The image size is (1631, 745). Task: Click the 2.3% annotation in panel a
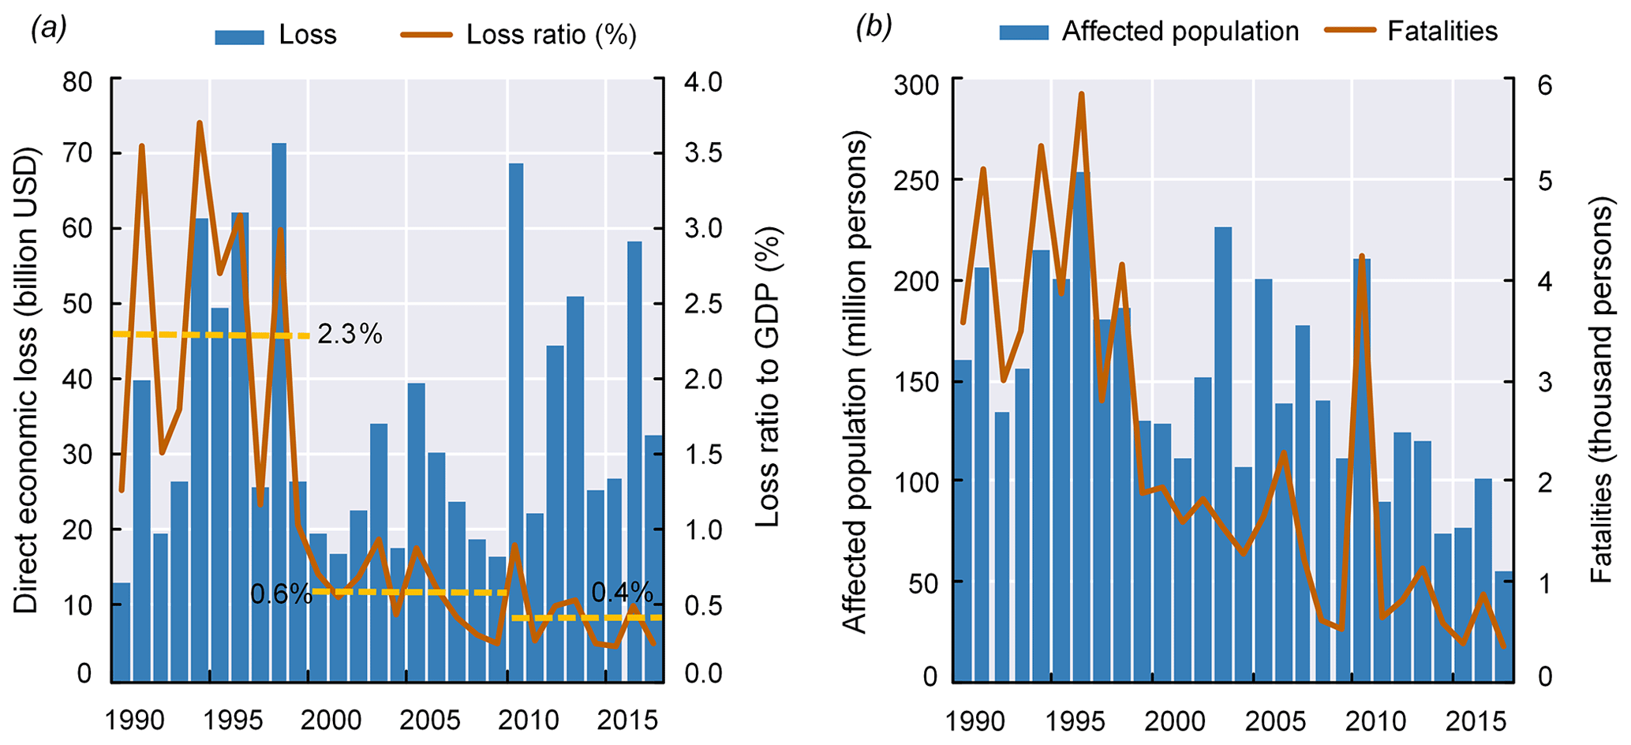tap(350, 335)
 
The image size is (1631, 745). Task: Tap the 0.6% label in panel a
tap(281, 594)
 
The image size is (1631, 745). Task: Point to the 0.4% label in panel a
tap(622, 593)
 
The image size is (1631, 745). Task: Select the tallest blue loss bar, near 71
tap(279, 410)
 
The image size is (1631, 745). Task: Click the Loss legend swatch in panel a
tap(239, 36)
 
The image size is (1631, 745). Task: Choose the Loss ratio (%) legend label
tap(551, 36)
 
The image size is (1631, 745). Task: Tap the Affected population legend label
tap(1180, 32)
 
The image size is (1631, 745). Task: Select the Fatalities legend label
tap(1442, 32)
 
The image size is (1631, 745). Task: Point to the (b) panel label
tap(873, 28)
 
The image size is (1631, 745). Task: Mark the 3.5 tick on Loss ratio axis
tap(703, 153)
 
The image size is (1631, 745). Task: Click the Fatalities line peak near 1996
tap(1082, 94)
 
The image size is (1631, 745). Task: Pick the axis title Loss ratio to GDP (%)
tap(767, 377)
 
